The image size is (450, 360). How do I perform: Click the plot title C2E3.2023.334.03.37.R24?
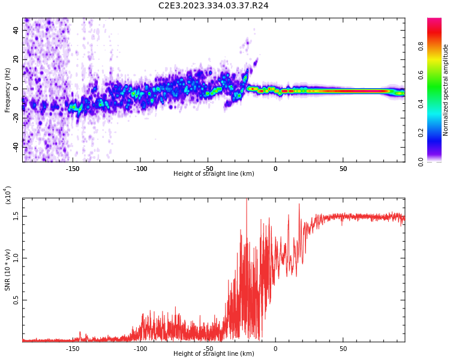[x=214, y=6]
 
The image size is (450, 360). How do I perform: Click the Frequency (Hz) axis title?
[x=8, y=90]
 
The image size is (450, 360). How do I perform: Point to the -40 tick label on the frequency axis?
[x=16, y=146]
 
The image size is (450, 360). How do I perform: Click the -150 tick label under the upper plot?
[x=72, y=169]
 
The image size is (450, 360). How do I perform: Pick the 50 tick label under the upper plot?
[x=343, y=169]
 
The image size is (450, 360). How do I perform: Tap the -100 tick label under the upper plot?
[x=140, y=169]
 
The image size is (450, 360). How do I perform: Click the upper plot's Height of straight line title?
[x=214, y=174]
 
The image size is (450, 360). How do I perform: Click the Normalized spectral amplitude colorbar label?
[x=446, y=90]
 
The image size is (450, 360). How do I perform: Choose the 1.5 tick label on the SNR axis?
[x=17, y=216]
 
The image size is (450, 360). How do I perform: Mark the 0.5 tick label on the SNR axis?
[x=17, y=300]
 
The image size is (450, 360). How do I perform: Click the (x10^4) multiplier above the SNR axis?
[x=8, y=195]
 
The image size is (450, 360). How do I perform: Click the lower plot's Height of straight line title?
[x=214, y=354]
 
